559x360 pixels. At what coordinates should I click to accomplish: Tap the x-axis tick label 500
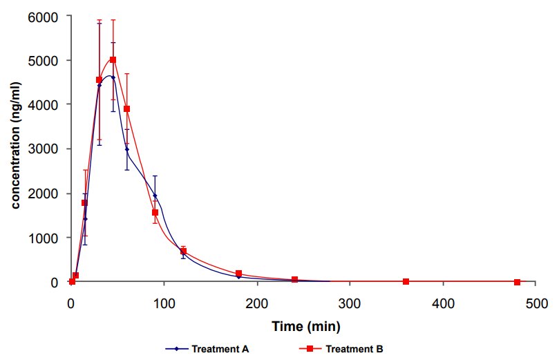click(x=536, y=303)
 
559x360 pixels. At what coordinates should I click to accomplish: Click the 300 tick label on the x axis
click(x=350, y=303)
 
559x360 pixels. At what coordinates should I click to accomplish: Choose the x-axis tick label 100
click(x=164, y=303)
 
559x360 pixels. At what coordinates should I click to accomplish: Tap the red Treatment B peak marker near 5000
click(x=113, y=60)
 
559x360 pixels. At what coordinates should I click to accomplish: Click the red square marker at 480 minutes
click(x=518, y=282)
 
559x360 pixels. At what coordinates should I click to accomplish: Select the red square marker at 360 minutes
click(x=406, y=282)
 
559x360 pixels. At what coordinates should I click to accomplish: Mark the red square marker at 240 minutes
click(x=294, y=280)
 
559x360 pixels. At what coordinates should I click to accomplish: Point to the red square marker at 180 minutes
click(x=238, y=274)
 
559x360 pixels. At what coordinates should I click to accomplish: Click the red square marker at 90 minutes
click(x=155, y=212)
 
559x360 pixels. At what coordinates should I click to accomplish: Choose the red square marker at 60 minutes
click(x=126, y=108)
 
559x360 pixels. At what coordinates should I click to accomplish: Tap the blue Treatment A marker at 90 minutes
click(x=155, y=196)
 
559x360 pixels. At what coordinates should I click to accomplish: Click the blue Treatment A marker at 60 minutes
click(x=126, y=149)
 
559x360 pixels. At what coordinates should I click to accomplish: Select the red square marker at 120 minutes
click(x=183, y=251)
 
